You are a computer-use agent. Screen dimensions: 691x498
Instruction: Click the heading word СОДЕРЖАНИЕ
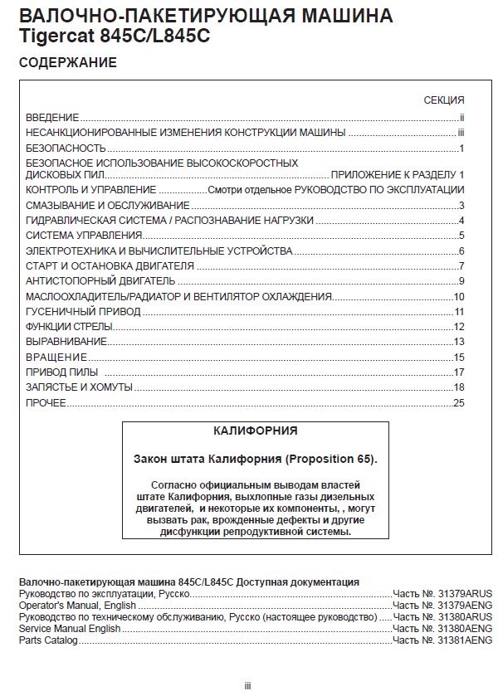67,63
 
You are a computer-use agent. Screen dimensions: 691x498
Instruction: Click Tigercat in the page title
56,37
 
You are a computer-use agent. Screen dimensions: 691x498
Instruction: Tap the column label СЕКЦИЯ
444,100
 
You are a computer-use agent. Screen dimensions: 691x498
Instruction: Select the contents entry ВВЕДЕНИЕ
52,118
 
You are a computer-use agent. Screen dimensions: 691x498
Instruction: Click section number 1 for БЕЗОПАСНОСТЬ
461,148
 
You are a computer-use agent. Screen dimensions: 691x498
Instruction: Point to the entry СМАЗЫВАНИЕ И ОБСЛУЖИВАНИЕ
108,205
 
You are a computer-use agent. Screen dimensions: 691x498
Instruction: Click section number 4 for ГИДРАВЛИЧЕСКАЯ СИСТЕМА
461,220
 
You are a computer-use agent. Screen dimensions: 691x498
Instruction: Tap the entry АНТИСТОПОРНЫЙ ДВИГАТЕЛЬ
89,281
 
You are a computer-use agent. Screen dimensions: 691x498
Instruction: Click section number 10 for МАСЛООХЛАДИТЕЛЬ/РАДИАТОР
458,296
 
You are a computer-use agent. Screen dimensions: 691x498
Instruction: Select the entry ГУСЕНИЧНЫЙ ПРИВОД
83,312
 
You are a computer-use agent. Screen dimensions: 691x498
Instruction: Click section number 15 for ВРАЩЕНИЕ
458,358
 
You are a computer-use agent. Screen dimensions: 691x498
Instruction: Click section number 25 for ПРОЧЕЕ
458,403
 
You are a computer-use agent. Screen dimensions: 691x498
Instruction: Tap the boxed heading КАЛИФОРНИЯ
255,431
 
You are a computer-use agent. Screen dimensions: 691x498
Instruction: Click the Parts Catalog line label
48,640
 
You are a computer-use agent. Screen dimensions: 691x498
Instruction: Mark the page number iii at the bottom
247,685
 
